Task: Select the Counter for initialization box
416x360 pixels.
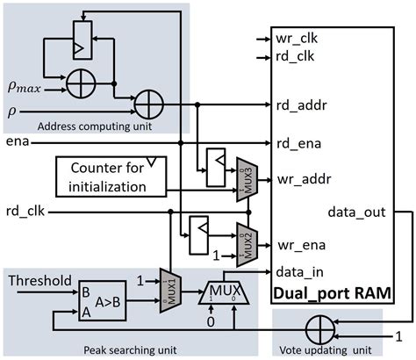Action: [x=111, y=175]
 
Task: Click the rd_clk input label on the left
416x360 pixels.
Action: [x=24, y=212]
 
